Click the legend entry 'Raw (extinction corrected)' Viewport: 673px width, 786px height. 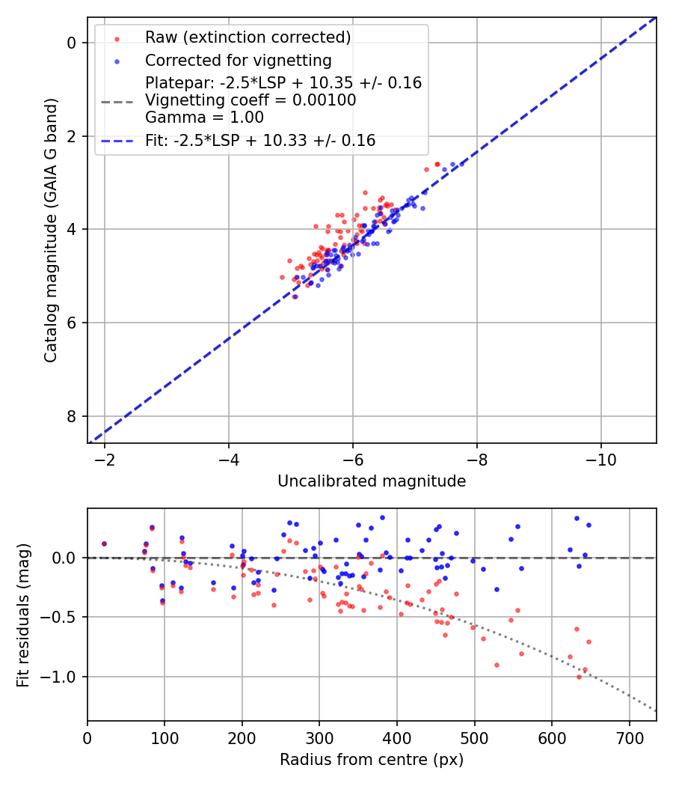pos(248,37)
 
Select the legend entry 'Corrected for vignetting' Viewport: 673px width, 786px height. pos(238,60)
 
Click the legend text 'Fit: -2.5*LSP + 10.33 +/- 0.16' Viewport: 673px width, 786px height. pos(260,141)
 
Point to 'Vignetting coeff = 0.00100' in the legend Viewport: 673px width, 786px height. pos(251,100)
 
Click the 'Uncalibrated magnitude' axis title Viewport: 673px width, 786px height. pos(372,481)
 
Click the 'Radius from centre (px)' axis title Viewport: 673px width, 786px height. pos(372,760)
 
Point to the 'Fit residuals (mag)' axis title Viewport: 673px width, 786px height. pos(23,615)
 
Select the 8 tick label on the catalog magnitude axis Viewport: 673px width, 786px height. pos(71,416)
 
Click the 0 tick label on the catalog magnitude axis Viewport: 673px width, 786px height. pos(71,43)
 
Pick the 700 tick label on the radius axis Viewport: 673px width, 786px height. pos(629,737)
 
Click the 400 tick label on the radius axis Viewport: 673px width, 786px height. pos(397,737)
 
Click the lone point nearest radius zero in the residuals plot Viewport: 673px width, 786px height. pos(104,544)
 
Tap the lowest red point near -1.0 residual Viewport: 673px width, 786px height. pos(579,677)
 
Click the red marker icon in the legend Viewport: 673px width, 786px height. pos(116,37)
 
